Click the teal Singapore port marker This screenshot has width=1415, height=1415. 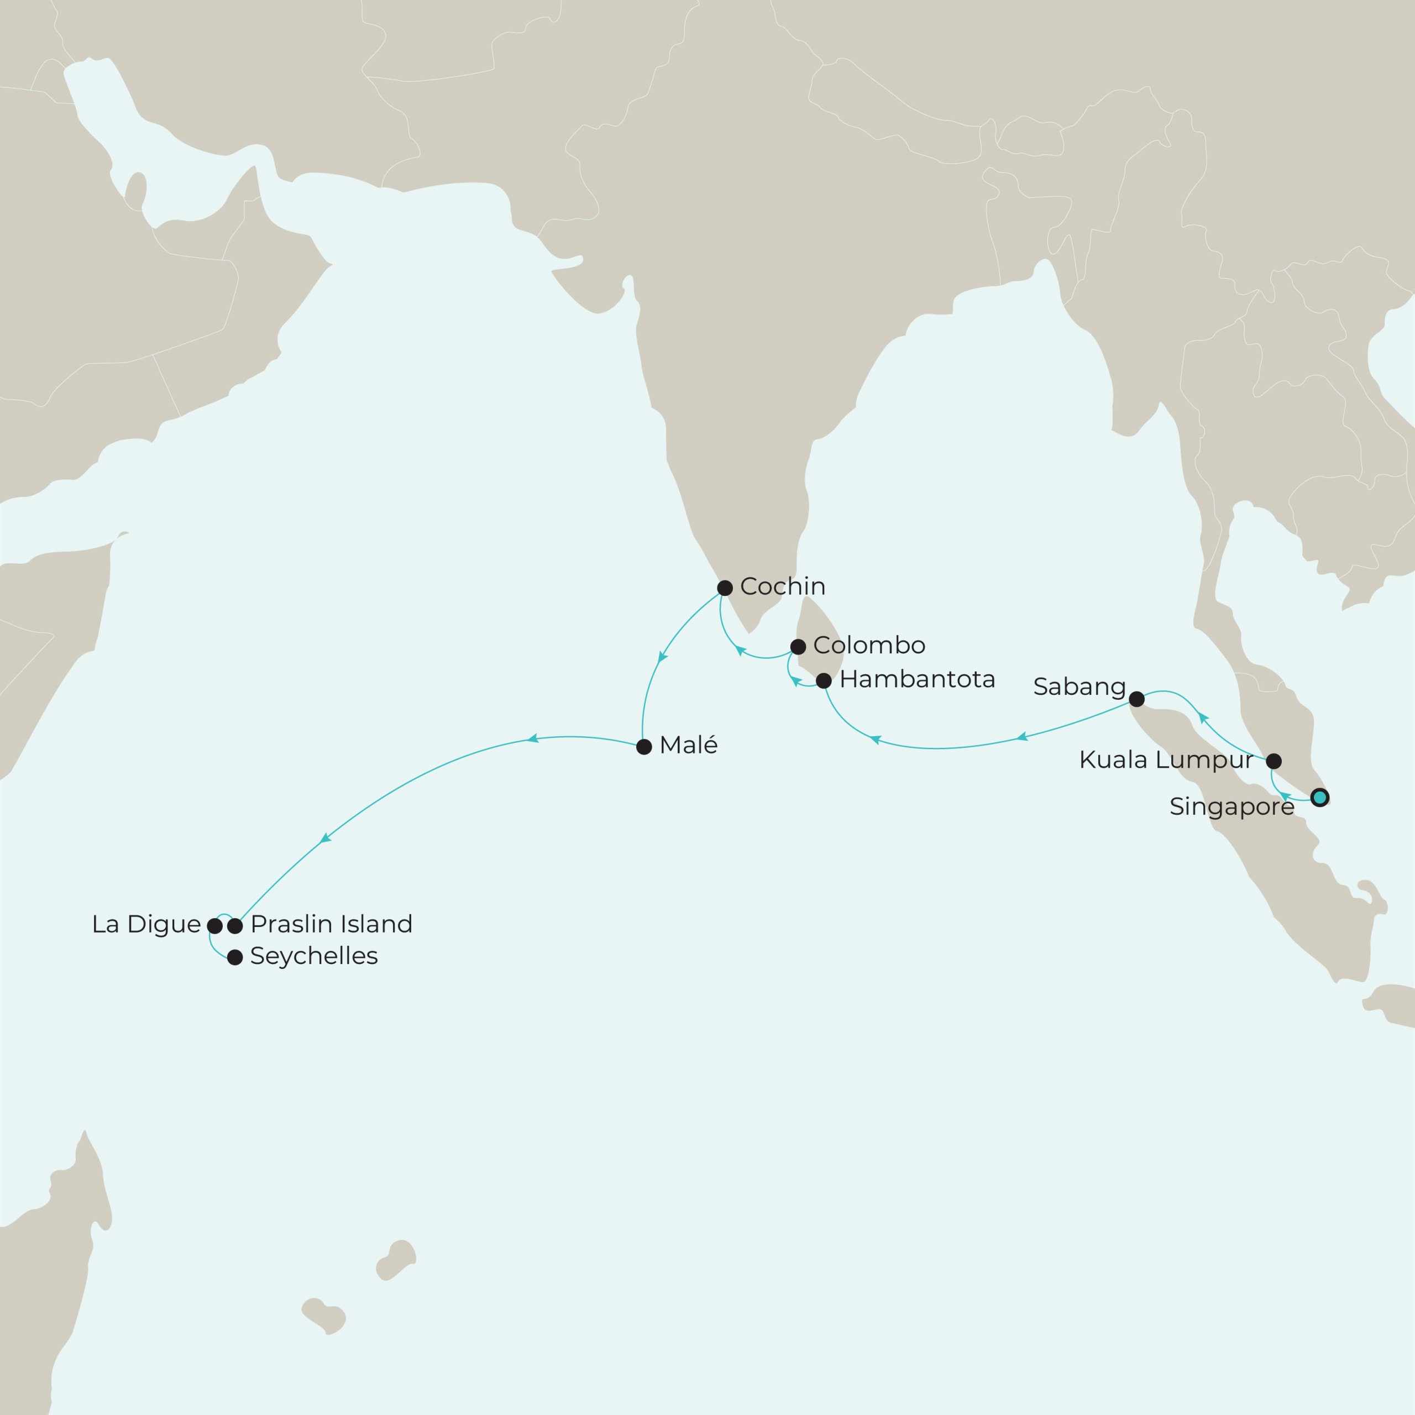tap(1319, 798)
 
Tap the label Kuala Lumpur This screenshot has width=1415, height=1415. tap(1165, 760)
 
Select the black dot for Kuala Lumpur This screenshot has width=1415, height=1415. tap(1273, 760)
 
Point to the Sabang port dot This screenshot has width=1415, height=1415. tap(1136, 699)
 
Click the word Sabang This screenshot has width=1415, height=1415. tap(1079, 687)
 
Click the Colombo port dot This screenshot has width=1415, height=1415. tap(798, 647)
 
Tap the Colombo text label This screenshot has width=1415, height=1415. tap(869, 645)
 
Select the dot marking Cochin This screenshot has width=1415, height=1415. tap(724, 588)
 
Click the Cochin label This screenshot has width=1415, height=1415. tap(782, 586)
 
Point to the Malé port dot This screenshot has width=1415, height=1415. tap(644, 747)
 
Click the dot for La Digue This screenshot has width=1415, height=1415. tap(214, 926)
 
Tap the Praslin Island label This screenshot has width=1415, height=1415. tap(331, 924)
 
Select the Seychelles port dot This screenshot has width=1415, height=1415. tap(234, 957)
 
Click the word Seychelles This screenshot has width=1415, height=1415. tap(313, 956)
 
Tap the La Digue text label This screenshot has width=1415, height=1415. tap(146, 924)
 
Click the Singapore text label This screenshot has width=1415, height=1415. tap(1231, 807)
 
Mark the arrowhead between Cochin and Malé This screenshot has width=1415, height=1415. tap(663, 658)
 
